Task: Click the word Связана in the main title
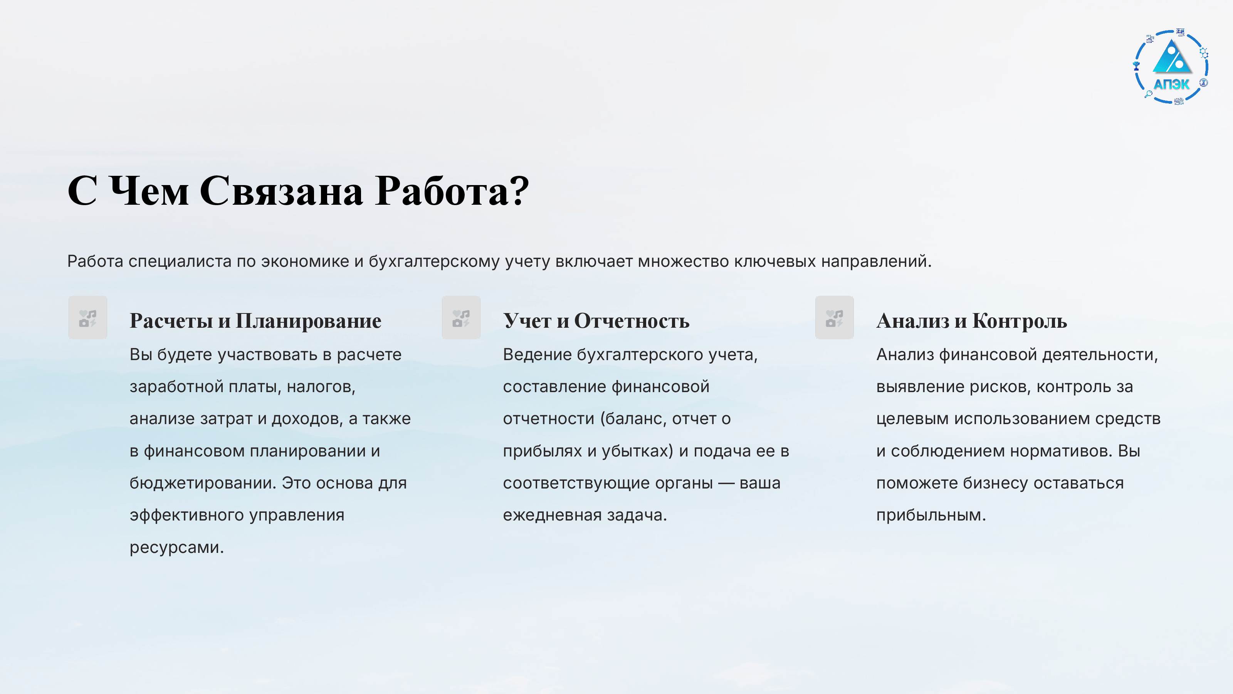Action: [281, 190]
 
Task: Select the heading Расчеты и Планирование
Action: [255, 320]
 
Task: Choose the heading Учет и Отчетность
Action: [596, 320]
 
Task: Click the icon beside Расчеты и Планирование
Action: [87, 318]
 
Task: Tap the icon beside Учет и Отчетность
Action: [461, 318]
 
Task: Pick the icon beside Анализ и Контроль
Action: [834, 318]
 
